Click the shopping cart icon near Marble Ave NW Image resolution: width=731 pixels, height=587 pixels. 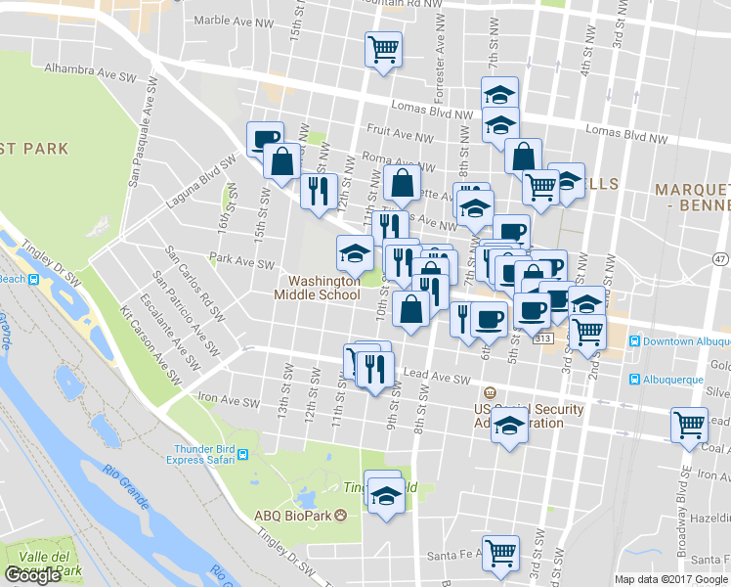(384, 48)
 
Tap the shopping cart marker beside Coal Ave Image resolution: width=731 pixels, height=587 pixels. (690, 425)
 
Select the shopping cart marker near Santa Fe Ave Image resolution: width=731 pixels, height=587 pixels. (501, 551)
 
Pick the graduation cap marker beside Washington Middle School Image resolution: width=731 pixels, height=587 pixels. (355, 252)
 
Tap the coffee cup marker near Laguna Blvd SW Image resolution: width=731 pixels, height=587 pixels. (265, 138)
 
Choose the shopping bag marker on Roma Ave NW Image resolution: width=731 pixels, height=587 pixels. (403, 181)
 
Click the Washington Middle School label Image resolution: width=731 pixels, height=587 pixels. (317, 288)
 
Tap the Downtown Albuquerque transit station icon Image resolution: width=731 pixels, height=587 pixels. (635, 341)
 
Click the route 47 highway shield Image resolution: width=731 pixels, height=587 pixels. (720, 258)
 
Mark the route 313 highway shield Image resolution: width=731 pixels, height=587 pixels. (544, 338)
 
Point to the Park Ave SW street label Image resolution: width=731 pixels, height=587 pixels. (243, 263)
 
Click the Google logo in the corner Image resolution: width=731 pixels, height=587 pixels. (33, 575)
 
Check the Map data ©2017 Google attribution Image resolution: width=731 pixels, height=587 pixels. (670, 579)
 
